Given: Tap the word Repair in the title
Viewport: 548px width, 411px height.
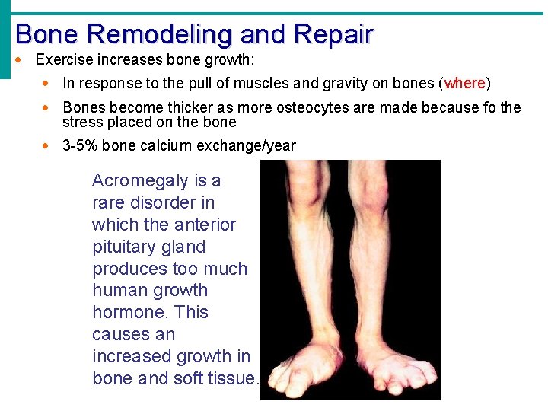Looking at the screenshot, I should coord(333,34).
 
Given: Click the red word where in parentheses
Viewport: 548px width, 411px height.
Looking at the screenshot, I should coord(465,83).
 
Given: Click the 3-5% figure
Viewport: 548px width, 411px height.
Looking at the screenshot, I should coord(80,145).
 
